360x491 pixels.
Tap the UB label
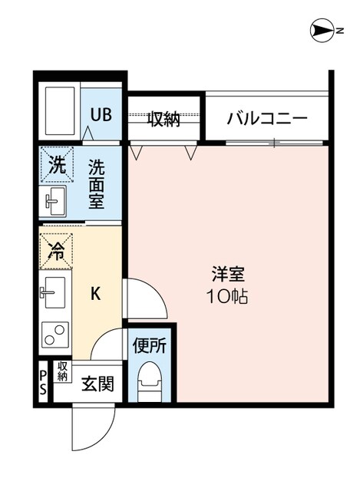pyautogui.click(x=101, y=115)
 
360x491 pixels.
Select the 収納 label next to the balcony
pyautogui.click(x=163, y=119)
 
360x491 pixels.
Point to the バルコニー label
pyautogui.click(x=267, y=119)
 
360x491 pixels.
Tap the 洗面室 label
pyautogui.click(x=97, y=183)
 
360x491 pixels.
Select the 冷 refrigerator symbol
pyautogui.click(x=56, y=250)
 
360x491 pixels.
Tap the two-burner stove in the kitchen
pyautogui.click(x=54, y=335)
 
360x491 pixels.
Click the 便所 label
pyautogui.click(x=150, y=345)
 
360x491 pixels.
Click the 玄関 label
pyautogui.click(x=98, y=382)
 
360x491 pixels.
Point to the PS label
pyautogui.click(x=43, y=381)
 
